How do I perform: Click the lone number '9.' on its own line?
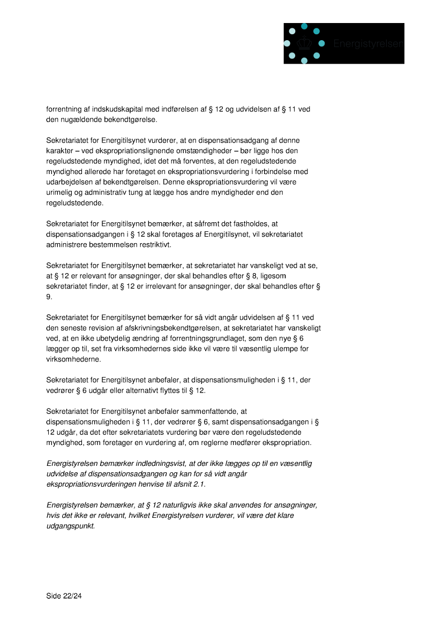pos(49,296)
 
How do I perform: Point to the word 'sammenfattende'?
pos(203,411)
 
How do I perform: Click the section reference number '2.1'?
pos(198,484)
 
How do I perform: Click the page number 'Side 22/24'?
pos(64,595)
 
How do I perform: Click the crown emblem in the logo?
pos(304,43)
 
